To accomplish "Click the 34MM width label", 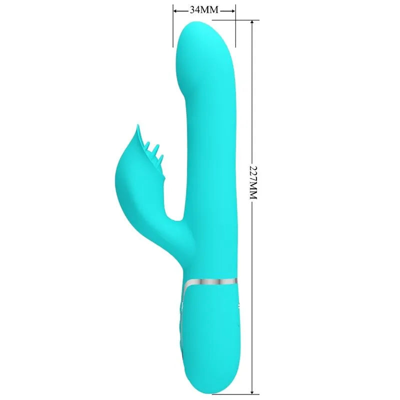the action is tap(204, 9).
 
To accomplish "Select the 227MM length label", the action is tap(253, 182).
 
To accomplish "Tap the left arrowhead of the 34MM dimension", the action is tap(176, 11).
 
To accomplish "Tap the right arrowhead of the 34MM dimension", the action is tap(232, 11).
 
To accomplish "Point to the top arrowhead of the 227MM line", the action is tap(252, 23).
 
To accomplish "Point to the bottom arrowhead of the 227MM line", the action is tap(252, 391).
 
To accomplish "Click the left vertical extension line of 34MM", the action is tap(173, 26).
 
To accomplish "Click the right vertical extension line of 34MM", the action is tap(235, 26).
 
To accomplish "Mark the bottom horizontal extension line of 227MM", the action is tap(235, 394).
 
